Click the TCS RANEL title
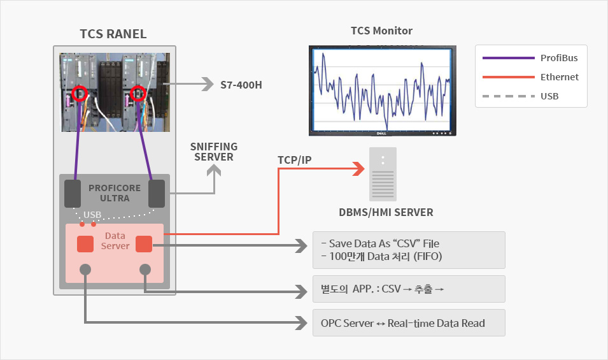coord(113,34)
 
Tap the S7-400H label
coord(241,84)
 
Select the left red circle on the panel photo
coord(80,94)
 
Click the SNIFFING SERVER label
coord(214,152)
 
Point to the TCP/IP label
coord(295,159)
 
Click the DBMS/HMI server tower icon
coord(383,174)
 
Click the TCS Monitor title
coord(381,31)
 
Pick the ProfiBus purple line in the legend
coord(508,58)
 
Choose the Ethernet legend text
coord(560,77)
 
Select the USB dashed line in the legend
coord(508,97)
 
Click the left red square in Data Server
coord(85,244)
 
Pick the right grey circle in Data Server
coord(145,270)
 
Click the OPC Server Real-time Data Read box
coord(409,323)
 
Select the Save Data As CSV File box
coord(409,250)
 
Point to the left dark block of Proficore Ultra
coord(73,193)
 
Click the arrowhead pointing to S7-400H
coord(207,84)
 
